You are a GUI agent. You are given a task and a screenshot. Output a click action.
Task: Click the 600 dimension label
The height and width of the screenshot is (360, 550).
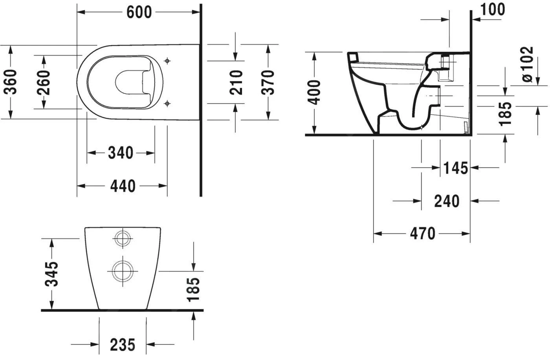click(x=139, y=12)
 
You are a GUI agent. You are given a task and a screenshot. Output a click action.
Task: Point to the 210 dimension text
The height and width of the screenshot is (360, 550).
click(x=236, y=82)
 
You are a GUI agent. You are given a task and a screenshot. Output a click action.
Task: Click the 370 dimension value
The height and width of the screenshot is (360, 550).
click(x=268, y=82)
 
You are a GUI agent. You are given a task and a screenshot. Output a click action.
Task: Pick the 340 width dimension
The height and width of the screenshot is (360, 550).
click(x=121, y=153)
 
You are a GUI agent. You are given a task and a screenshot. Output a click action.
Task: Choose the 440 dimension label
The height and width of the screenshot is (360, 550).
click(x=122, y=186)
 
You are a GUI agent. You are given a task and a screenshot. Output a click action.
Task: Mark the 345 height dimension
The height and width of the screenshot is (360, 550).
click(x=51, y=274)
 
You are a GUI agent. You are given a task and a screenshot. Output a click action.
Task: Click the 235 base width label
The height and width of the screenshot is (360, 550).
click(x=122, y=345)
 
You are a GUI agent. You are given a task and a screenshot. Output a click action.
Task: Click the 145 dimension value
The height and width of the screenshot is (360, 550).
click(x=456, y=168)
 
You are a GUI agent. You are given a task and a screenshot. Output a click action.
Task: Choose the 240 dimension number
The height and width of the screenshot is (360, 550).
click(x=447, y=201)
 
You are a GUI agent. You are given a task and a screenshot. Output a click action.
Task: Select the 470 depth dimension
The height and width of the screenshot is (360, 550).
click(x=423, y=234)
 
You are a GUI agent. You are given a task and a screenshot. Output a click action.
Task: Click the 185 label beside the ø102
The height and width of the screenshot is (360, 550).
click(x=505, y=114)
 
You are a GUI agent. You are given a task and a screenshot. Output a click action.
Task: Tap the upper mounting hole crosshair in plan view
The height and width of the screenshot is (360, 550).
click(x=167, y=61)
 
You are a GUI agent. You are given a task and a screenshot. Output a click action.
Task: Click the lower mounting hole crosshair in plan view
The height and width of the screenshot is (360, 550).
click(x=167, y=103)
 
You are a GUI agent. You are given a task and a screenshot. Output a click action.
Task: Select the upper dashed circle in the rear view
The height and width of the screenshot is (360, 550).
click(x=123, y=238)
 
